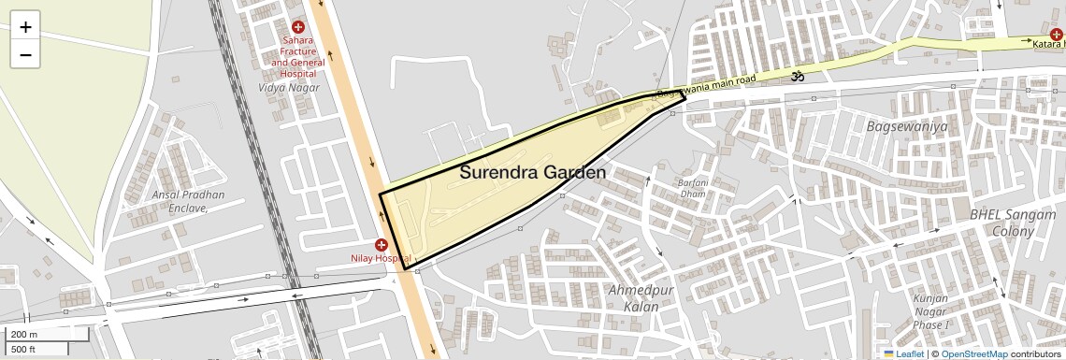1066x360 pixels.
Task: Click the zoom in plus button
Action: (25, 27)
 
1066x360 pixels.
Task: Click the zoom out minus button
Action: (25, 55)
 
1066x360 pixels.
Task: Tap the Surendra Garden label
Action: (532, 173)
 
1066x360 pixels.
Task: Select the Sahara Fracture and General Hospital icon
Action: (298, 28)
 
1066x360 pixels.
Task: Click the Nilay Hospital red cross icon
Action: (382, 244)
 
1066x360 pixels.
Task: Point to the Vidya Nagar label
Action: (289, 88)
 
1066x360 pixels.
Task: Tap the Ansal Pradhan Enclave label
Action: (189, 201)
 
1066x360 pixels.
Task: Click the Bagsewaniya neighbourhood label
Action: (907, 126)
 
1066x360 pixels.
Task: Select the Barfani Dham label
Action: (693, 187)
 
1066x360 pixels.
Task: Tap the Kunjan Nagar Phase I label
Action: (930, 311)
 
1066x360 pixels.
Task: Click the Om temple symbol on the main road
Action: (798, 76)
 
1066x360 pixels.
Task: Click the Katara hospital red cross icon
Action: (1056, 35)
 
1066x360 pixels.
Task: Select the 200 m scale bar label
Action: (25, 334)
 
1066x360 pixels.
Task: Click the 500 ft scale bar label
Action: (23, 350)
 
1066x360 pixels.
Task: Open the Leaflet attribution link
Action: (904, 353)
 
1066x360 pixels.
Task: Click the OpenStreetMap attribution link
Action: (974, 353)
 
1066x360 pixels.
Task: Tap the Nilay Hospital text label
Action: (381, 258)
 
